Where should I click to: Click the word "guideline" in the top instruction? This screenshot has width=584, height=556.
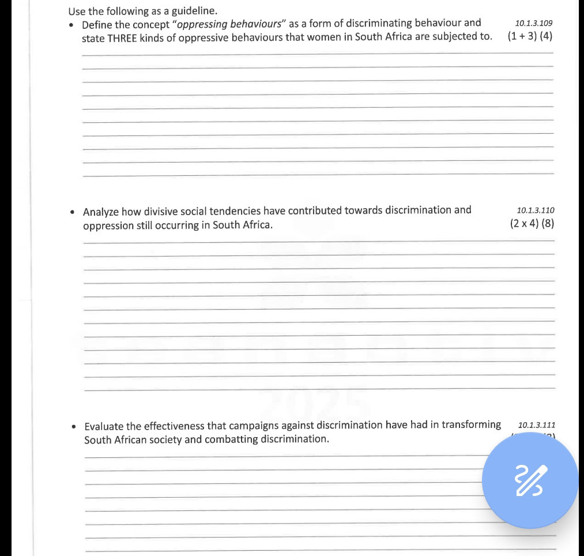pyautogui.click(x=194, y=11)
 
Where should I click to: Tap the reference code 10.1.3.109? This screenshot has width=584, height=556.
pyautogui.click(x=533, y=24)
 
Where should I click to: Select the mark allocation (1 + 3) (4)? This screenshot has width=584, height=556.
pyautogui.click(x=530, y=37)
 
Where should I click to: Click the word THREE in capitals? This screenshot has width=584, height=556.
pyautogui.click(x=122, y=37)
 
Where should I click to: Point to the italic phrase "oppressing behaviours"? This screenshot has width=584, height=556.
pyautogui.click(x=229, y=24)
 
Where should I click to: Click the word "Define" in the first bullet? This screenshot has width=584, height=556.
pyautogui.click(x=97, y=24)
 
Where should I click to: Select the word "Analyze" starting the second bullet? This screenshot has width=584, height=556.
pyautogui.click(x=101, y=211)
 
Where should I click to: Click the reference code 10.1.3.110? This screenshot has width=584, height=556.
pyautogui.click(x=536, y=211)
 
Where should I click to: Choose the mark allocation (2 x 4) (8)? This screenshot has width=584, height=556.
pyautogui.click(x=532, y=224)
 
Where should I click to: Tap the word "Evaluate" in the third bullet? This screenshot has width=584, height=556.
pyautogui.click(x=104, y=427)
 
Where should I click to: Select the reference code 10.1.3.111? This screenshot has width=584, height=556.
pyautogui.click(x=537, y=425)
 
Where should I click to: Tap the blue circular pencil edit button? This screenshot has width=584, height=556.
pyautogui.click(x=530, y=480)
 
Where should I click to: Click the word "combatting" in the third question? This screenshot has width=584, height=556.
pyautogui.click(x=231, y=440)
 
